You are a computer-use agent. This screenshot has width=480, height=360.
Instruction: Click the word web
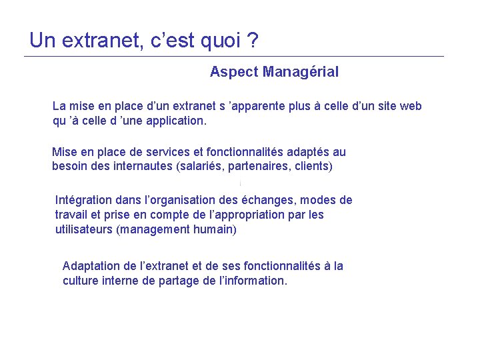click(x=410, y=106)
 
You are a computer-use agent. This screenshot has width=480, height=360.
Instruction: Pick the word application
click(x=175, y=121)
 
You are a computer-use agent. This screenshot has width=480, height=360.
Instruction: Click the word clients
click(x=311, y=166)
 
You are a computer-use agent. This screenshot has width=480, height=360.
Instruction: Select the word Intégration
click(x=84, y=200)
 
